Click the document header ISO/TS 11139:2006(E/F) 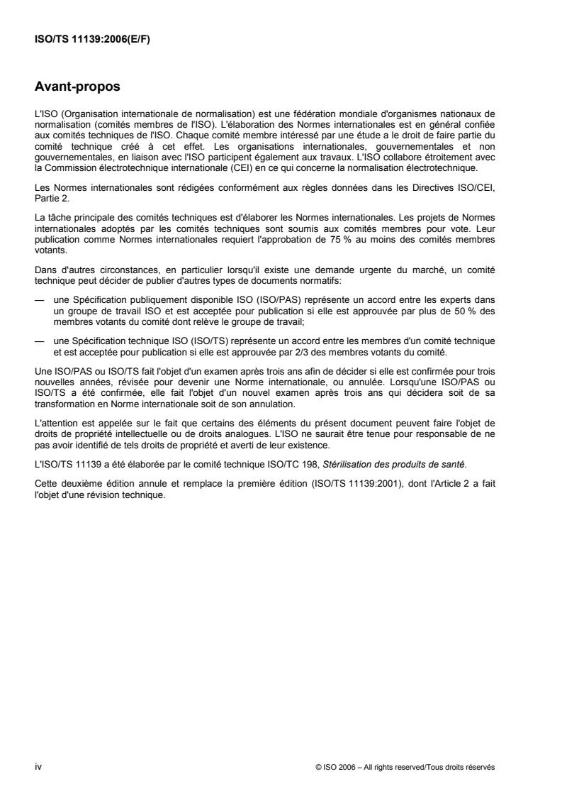tap(92, 40)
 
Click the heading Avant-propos tap(77, 88)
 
